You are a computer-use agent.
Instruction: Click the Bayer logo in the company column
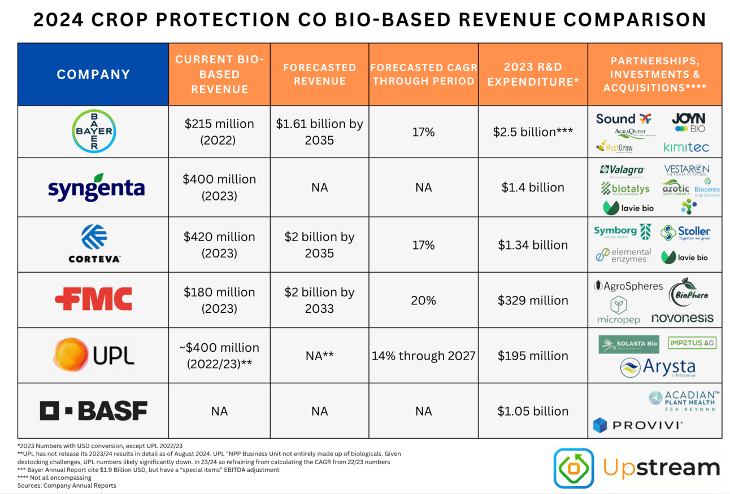click(93, 132)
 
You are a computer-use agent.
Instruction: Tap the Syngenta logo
click(96, 188)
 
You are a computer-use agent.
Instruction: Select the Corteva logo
click(93, 244)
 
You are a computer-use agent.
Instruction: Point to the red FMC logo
click(93, 299)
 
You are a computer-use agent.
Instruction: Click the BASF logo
click(93, 410)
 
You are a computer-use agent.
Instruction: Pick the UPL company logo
click(93, 355)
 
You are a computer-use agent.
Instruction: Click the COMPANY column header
click(93, 74)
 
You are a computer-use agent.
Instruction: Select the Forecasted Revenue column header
click(319, 74)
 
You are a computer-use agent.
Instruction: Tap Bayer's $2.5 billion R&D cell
click(533, 132)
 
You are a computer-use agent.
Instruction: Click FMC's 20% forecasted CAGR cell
click(423, 300)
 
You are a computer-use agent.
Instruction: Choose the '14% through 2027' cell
click(423, 356)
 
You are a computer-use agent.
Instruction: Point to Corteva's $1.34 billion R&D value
click(533, 245)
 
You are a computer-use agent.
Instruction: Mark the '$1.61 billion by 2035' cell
click(319, 132)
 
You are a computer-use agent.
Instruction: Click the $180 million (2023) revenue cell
click(219, 300)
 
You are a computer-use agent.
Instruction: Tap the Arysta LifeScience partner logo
click(658, 368)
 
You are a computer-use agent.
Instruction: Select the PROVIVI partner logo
click(637, 425)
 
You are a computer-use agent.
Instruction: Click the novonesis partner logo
click(682, 318)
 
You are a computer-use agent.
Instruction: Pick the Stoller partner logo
click(685, 232)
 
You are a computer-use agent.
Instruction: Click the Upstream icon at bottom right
click(573, 468)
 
